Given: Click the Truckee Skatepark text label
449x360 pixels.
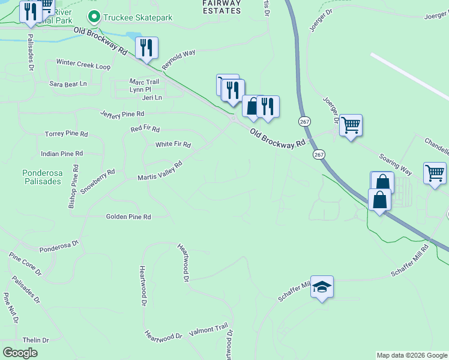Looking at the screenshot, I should pyautogui.click(x=137, y=17).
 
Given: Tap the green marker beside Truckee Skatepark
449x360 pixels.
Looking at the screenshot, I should pyautogui.click(x=94, y=17).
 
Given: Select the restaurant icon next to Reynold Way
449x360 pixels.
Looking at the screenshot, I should pyautogui.click(x=147, y=48).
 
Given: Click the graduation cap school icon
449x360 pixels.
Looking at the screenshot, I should pyautogui.click(x=322, y=288).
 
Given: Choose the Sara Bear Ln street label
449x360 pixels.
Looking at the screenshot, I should pyautogui.click(x=68, y=84).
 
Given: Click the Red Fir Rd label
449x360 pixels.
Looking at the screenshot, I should pyautogui.click(x=145, y=129).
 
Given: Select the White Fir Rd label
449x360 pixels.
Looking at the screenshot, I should pyautogui.click(x=173, y=145).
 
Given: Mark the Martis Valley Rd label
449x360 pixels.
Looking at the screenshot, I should pyautogui.click(x=159, y=171).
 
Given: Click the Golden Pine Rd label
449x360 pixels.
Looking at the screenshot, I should pyautogui.click(x=128, y=217).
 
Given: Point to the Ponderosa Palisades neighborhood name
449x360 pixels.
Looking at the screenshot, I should pyautogui.click(x=42, y=177).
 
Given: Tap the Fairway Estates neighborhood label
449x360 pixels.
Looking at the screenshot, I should pyautogui.click(x=220, y=6).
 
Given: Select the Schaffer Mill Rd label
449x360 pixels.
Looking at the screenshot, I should pyautogui.click(x=410, y=260).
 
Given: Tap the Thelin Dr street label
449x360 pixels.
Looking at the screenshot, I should pyautogui.click(x=35, y=340).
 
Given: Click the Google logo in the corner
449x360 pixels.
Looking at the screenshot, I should pyautogui.click(x=20, y=353).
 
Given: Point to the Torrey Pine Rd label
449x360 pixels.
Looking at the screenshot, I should pyautogui.click(x=66, y=134).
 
